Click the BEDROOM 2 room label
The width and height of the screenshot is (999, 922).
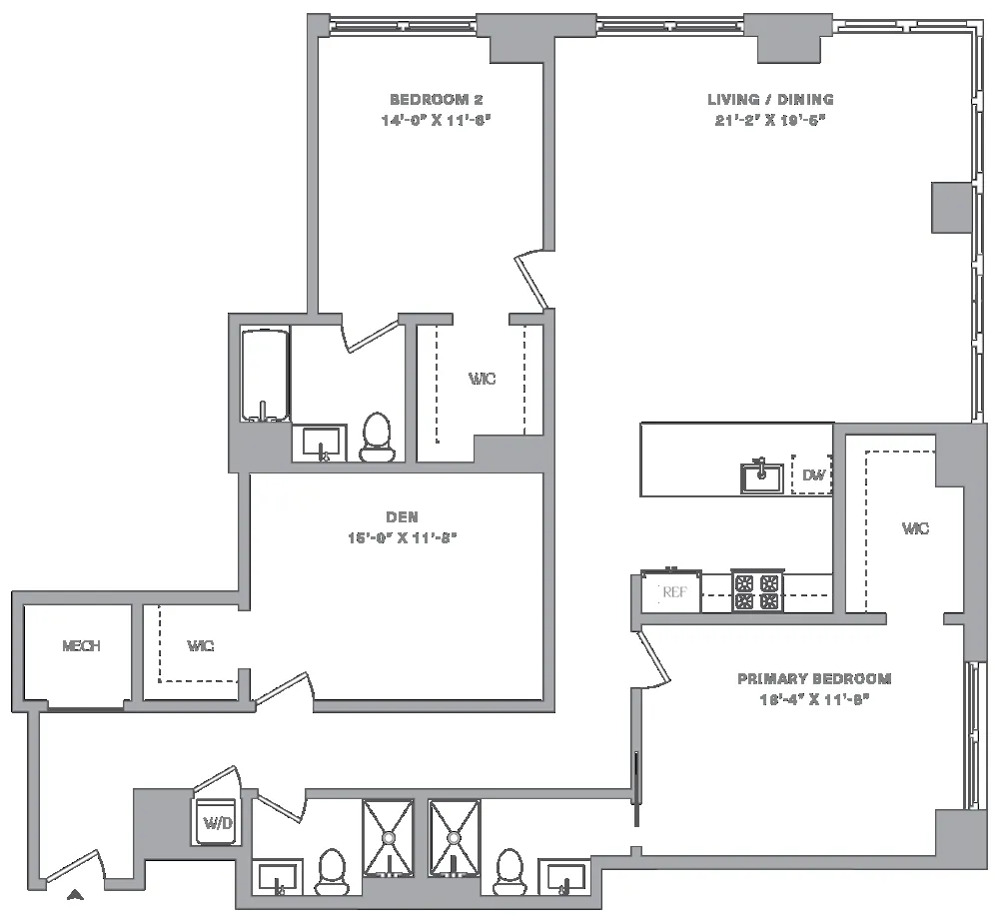[x=436, y=100]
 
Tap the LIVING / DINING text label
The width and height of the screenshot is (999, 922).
[x=770, y=100]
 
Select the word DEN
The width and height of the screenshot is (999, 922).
[x=402, y=516]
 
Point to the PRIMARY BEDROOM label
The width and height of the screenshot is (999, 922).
[x=814, y=679]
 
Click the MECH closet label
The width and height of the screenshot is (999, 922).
[x=81, y=646]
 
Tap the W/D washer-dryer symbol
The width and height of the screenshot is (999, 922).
[x=217, y=822]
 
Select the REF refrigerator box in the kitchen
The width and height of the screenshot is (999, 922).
[x=674, y=592]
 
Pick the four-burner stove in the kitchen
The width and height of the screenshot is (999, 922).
[x=755, y=591]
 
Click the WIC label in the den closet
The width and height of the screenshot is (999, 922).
[x=200, y=646]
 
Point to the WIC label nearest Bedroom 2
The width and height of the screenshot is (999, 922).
[x=483, y=380]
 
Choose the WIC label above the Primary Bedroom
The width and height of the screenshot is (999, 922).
[x=915, y=528]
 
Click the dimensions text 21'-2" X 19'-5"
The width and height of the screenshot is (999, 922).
[x=770, y=119]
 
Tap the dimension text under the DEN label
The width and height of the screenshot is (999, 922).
[x=402, y=536]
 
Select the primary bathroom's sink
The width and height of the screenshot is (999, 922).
[x=565, y=880]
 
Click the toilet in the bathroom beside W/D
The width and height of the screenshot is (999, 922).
[x=331, y=872]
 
